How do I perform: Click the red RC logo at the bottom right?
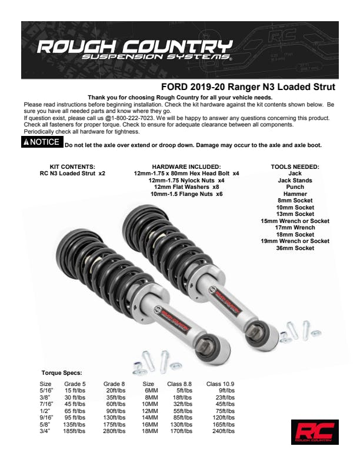[x=315, y=432]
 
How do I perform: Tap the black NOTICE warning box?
[x=42, y=142]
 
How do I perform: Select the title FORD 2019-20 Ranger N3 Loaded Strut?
[x=248, y=86]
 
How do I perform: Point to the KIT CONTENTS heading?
[x=72, y=167]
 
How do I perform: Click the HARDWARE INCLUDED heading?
[x=186, y=167]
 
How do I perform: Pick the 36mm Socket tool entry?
[x=295, y=248]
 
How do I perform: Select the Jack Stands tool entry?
[x=295, y=181]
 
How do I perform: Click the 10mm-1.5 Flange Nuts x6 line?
[x=186, y=194]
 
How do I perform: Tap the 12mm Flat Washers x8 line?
[x=186, y=187]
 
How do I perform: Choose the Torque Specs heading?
[x=62, y=372]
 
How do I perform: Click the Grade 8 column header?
[x=114, y=384]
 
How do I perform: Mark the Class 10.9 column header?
[x=220, y=384]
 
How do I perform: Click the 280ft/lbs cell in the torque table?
[x=114, y=431]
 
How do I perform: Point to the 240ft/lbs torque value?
[x=224, y=431]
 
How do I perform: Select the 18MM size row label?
[x=150, y=431]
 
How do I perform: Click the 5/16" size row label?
[x=46, y=391]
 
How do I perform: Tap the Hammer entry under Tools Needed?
[x=295, y=194]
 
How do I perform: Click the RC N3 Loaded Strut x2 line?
[x=72, y=173]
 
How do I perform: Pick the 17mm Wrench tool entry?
[x=295, y=227]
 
